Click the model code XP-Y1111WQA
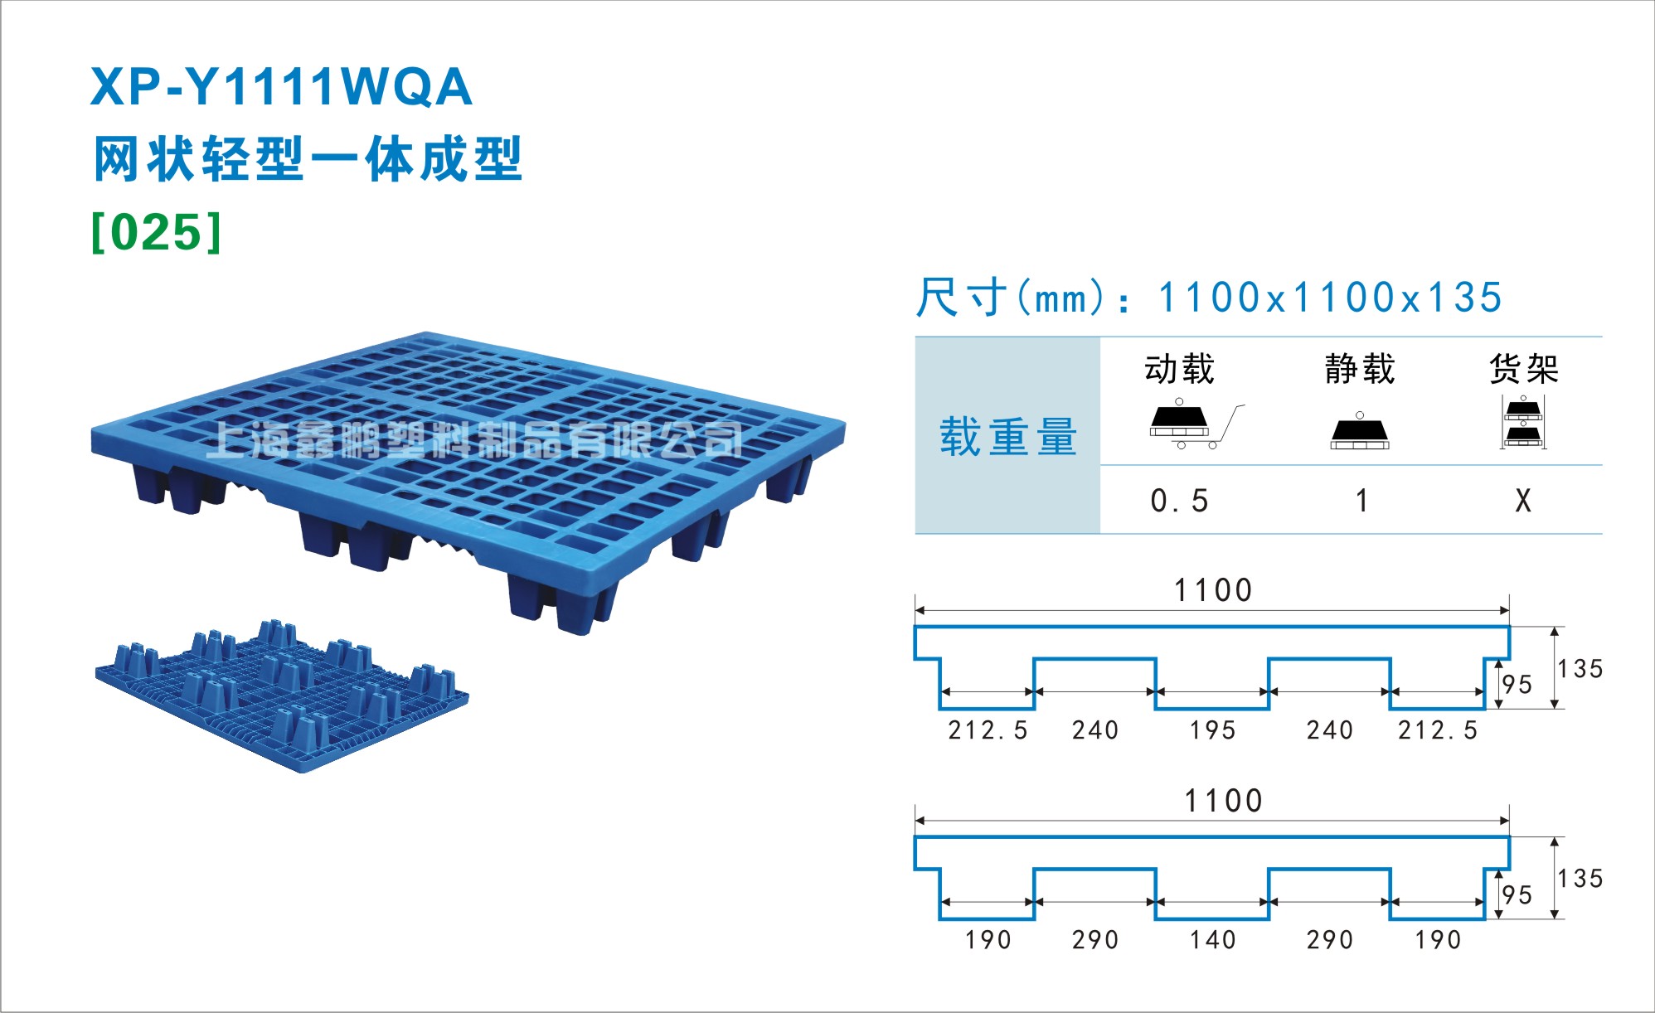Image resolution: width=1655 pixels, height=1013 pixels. click(281, 87)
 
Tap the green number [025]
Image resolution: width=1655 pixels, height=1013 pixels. click(157, 231)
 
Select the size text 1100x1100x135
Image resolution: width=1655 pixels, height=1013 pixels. click(1330, 298)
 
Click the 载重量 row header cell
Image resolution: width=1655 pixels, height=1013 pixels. click(1007, 436)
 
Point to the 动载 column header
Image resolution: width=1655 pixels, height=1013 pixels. click(1179, 369)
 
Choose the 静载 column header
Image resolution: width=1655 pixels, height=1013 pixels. click(1360, 369)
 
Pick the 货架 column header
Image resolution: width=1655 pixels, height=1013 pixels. click(1524, 369)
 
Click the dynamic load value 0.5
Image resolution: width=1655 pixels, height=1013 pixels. click(1179, 501)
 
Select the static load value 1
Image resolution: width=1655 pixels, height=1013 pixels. click(1361, 501)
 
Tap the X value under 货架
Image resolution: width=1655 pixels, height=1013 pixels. click(1523, 501)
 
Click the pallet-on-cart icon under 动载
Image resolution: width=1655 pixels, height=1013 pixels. click(1196, 424)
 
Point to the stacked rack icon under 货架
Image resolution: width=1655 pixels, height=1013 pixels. click(1523, 423)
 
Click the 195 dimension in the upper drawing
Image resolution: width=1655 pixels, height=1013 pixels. click(1212, 730)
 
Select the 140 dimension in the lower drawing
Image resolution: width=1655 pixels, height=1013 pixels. click(1212, 940)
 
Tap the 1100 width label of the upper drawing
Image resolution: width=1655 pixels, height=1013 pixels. click(1213, 590)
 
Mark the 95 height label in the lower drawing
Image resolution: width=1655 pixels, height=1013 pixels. click(1517, 895)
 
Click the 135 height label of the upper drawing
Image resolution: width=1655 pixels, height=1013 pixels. click(1580, 669)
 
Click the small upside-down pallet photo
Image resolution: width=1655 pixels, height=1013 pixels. click(282, 696)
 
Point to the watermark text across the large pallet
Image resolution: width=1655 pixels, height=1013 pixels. click(473, 439)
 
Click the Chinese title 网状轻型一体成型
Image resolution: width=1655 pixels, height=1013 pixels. click(308, 159)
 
